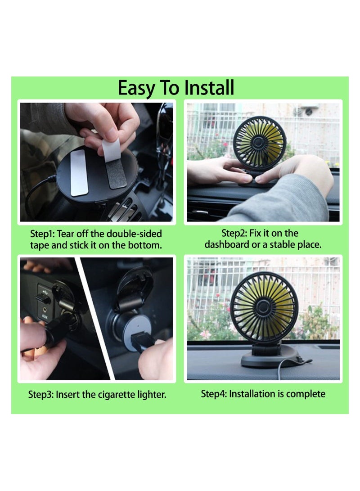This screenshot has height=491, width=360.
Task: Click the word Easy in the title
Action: (135, 88)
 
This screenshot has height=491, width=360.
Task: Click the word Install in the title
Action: (210, 88)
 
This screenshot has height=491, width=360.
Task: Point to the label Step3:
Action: (41, 395)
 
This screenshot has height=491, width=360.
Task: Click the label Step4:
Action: (214, 394)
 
